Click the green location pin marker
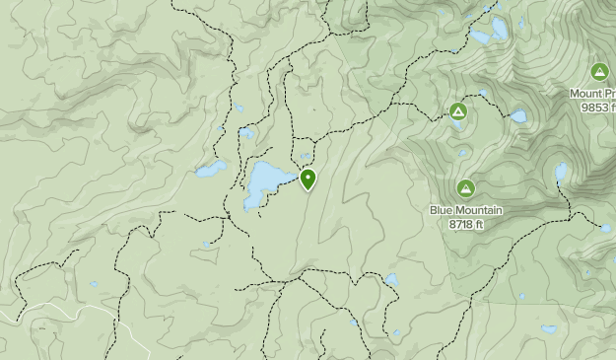pyautogui.click(x=308, y=180)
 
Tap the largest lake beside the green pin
pyautogui.click(x=264, y=181)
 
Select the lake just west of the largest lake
pyautogui.click(x=209, y=170)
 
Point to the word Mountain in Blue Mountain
pyautogui.click(x=483, y=210)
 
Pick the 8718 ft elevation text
pyautogui.click(x=466, y=224)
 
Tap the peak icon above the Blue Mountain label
pyautogui.click(x=466, y=187)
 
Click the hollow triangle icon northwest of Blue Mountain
pyautogui.click(x=458, y=111)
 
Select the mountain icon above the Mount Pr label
pyautogui.click(x=599, y=72)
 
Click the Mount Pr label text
pyautogui.click(x=592, y=94)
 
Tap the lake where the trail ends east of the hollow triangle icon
pyautogui.click(x=518, y=115)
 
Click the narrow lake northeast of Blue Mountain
pyautogui.click(x=561, y=172)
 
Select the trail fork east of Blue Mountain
pyautogui.click(x=570, y=211)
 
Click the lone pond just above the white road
pyautogui.click(x=95, y=284)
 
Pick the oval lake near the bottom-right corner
pyautogui.click(x=549, y=329)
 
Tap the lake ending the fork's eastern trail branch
pyautogui.click(x=605, y=228)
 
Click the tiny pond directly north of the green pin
pyautogui.click(x=306, y=156)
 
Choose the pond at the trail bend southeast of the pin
pyautogui.click(x=391, y=280)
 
